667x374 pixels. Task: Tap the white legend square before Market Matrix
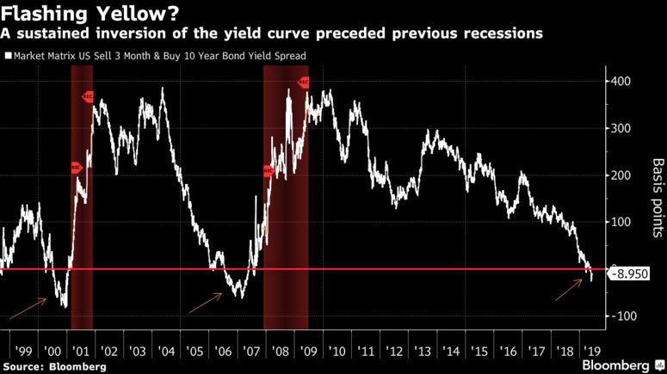pos(8,56)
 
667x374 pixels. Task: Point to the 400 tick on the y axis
pos(623,82)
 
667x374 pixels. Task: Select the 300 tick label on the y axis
pos(623,128)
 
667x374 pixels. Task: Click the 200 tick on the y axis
pos(623,175)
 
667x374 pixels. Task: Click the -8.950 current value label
pos(627,275)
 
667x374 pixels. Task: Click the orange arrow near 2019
pos(567,291)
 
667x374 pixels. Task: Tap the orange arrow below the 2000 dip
pos(28,308)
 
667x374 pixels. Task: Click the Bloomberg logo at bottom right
pos(616,365)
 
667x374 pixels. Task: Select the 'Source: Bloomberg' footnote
pos(53,366)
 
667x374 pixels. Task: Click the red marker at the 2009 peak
pos(304,83)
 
